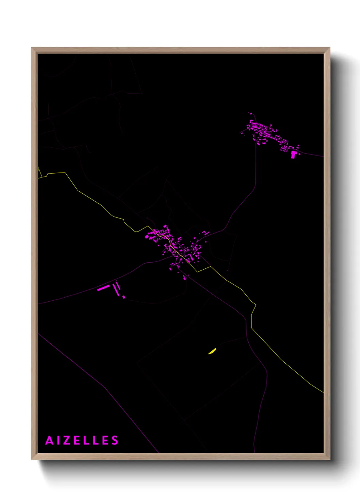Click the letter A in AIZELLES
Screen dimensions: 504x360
(50, 441)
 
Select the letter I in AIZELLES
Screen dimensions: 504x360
(59, 441)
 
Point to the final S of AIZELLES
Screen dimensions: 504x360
(115, 441)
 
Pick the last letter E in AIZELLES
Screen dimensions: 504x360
(105, 441)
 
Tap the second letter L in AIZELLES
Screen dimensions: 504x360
(96, 441)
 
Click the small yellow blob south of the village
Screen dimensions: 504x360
(212, 351)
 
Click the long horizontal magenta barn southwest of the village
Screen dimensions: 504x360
(103, 288)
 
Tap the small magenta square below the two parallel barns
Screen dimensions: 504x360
(124, 297)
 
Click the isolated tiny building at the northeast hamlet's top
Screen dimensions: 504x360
(250, 114)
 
